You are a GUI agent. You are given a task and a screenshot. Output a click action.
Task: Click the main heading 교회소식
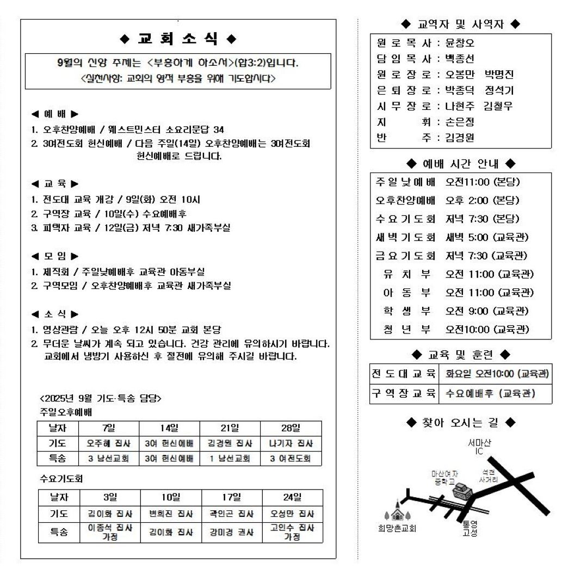coord(178,39)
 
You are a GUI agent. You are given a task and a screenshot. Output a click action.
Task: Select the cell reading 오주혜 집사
coord(109,443)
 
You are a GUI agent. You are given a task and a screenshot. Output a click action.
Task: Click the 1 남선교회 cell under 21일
coord(230,459)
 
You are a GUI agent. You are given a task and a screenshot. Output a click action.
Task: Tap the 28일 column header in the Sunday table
coord(290,428)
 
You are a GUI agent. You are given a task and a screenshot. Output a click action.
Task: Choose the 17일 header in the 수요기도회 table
coord(232,497)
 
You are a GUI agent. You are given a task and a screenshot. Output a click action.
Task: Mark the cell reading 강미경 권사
coord(232,533)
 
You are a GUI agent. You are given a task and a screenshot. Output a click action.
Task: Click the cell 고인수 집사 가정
coord(292,532)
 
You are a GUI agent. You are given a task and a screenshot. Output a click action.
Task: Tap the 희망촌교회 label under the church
coord(397,528)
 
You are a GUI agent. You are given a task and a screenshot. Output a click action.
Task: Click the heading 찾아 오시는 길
coord(460,422)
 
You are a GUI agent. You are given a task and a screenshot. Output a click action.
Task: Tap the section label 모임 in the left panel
coord(54,256)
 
